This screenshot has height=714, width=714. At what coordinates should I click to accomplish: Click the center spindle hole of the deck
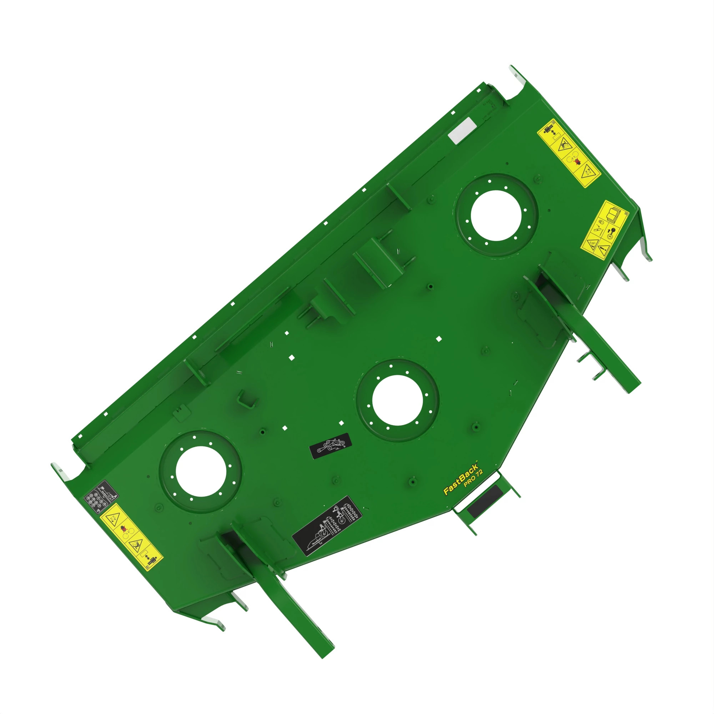point(397,400)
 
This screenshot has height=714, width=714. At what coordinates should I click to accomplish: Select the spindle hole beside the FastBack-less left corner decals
point(201,472)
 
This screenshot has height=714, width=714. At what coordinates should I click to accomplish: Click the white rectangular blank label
point(462,130)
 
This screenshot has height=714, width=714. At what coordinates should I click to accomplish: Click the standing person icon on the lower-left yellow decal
point(153,558)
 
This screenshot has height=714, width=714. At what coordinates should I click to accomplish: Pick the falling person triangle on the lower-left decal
point(136,544)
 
